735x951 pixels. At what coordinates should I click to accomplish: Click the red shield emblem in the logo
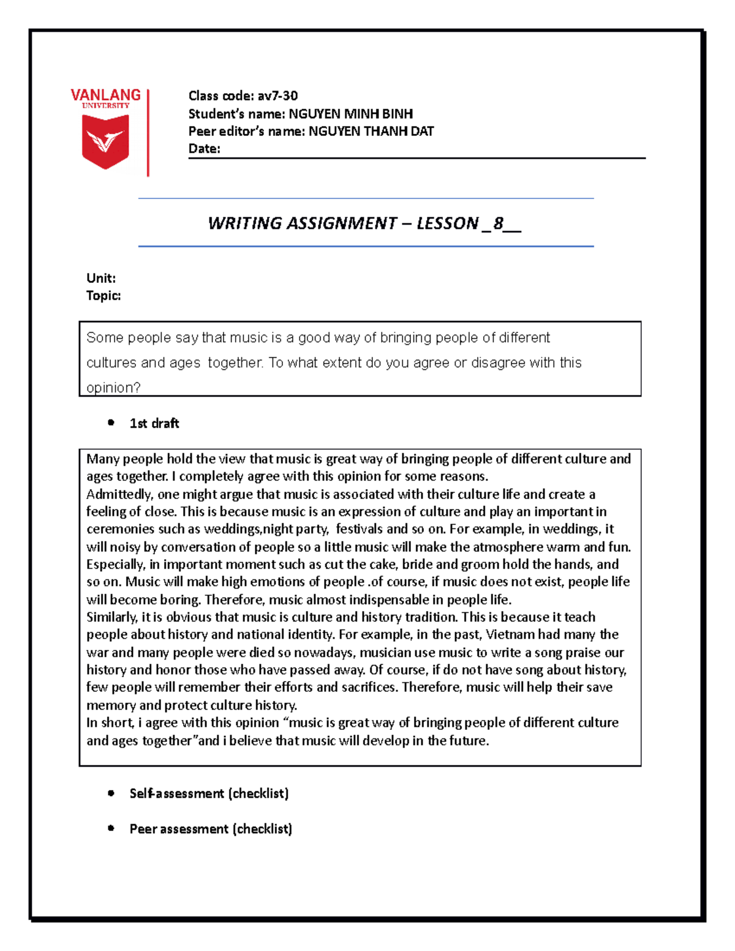(x=105, y=141)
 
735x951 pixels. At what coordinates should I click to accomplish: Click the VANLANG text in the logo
(x=105, y=95)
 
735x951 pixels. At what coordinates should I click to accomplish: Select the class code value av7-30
(x=277, y=96)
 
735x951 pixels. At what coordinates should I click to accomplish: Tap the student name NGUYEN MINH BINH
(x=350, y=114)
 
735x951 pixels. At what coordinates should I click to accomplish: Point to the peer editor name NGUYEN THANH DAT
(x=371, y=131)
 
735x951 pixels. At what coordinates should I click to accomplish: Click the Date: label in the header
(x=204, y=149)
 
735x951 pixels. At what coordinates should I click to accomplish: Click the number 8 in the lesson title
(x=498, y=224)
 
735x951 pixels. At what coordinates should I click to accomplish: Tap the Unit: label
(x=101, y=278)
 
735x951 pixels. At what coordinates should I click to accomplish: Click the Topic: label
(x=104, y=296)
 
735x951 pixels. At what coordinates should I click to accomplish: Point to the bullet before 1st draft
(x=111, y=423)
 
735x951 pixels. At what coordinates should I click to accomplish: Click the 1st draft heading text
(x=154, y=423)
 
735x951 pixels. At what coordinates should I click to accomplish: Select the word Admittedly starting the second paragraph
(x=119, y=494)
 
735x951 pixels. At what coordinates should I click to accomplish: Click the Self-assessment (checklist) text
(x=209, y=794)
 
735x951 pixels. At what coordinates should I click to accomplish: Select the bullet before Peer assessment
(x=111, y=829)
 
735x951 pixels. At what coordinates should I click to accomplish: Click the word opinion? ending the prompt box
(x=113, y=388)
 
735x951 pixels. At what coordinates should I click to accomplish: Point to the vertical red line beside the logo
(x=148, y=133)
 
